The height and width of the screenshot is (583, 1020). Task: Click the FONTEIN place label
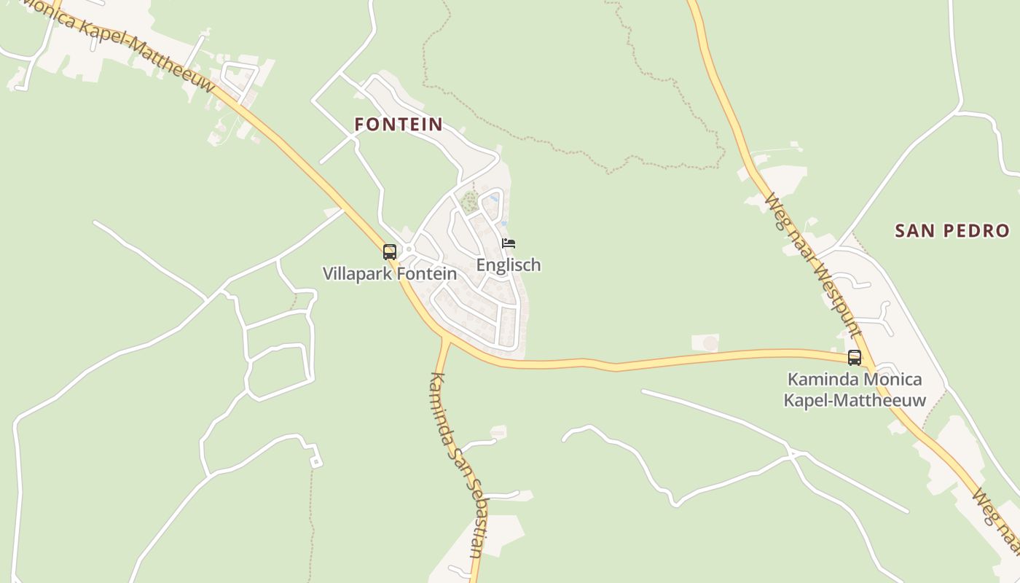[x=399, y=125]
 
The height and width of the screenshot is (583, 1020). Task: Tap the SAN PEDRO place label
[x=952, y=231]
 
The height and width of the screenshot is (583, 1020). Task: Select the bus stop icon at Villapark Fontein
[x=390, y=252]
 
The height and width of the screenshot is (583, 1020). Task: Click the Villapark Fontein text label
[x=390, y=274]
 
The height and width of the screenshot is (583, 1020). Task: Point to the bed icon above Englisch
[x=509, y=243]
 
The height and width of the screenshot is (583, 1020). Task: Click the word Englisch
[x=509, y=265]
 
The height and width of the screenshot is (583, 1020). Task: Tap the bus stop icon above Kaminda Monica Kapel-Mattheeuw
[x=854, y=358]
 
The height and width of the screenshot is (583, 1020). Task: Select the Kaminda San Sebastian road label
[x=457, y=466]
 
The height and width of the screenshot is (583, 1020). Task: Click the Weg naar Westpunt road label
[x=814, y=266]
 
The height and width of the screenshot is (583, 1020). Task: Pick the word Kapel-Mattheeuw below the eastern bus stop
[x=855, y=400]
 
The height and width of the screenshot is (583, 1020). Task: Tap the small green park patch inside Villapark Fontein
[x=469, y=200]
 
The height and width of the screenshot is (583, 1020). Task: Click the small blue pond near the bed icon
[x=495, y=197]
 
